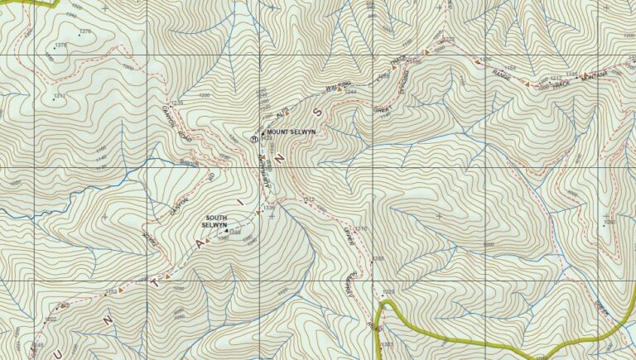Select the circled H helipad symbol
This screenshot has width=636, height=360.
[x=255, y=139]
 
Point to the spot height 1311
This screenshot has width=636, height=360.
[x=59, y=96]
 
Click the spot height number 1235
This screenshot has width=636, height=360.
[x=176, y=103]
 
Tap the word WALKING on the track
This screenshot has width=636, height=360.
[x=340, y=86]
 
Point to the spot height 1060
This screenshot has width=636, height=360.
[x=609, y=222]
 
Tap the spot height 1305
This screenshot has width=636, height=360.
[x=378, y=259]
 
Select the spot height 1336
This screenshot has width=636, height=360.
[x=268, y=207]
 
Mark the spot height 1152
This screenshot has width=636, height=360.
[x=111, y=291]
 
